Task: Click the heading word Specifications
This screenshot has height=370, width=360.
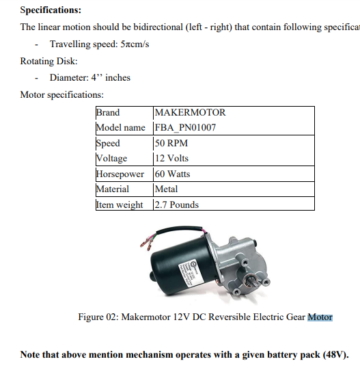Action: tap(50, 10)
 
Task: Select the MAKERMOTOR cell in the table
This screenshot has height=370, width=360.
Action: tap(190, 112)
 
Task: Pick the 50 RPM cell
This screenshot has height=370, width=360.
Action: tap(171, 143)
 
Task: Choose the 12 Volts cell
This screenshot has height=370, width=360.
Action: tap(172, 158)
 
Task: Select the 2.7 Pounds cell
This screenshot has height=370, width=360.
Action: tap(177, 204)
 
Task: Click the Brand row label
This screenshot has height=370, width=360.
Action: tap(108, 112)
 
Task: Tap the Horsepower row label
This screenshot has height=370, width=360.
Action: tap(120, 174)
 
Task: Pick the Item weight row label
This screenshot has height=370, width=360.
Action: tap(120, 204)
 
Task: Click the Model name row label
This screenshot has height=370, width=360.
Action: tap(120, 127)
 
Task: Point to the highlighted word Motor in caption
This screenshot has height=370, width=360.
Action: tap(320, 317)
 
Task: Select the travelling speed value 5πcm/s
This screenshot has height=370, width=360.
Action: tap(135, 44)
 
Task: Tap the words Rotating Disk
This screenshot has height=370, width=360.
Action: tap(43, 61)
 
